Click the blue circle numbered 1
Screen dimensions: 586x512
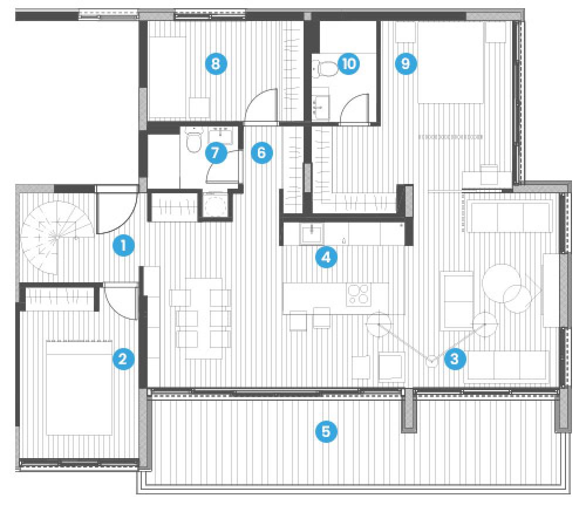(124, 245)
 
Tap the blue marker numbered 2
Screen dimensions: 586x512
(123, 359)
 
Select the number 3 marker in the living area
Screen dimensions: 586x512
(455, 359)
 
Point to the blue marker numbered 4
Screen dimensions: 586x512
(326, 257)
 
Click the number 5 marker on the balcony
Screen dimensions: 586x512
(326, 432)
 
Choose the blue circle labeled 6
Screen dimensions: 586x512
(261, 153)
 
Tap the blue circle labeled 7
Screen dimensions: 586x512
(216, 153)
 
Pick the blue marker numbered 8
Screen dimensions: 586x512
(216, 63)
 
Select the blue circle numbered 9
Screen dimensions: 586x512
(406, 63)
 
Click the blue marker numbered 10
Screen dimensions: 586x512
(348, 63)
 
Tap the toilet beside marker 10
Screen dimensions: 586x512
(325, 69)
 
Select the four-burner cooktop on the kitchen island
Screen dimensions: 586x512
(359, 295)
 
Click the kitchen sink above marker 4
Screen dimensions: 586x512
(311, 234)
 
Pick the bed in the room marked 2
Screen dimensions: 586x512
(79, 388)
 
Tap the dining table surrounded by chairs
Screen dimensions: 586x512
(204, 319)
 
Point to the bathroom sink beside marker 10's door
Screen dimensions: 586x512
(321, 108)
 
